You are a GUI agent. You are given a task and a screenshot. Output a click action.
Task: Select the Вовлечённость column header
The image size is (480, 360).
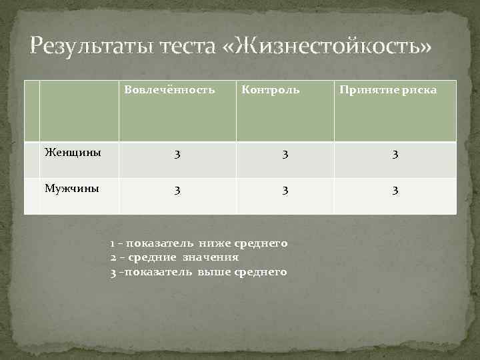coord(169,89)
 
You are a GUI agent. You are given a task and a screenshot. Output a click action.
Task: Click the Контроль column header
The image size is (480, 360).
coord(270,89)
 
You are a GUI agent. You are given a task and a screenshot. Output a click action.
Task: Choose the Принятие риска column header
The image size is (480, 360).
coord(388,89)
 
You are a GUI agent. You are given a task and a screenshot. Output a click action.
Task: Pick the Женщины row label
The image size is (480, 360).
coord(73,152)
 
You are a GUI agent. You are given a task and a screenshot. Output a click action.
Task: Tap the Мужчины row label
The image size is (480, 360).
coord(72,189)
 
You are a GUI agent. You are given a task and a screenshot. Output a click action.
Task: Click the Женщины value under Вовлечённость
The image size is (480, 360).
coord(177,155)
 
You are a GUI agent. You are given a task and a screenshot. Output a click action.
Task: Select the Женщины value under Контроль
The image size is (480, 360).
coord(285,155)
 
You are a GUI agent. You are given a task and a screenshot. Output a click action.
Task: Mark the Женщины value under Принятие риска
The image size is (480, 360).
coord(395,155)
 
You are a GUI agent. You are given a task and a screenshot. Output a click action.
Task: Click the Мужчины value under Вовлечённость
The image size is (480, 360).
coord(177,191)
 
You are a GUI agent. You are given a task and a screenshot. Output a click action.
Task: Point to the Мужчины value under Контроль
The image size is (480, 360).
coord(285,191)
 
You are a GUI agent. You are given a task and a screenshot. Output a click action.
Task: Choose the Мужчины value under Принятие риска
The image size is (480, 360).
coord(395,191)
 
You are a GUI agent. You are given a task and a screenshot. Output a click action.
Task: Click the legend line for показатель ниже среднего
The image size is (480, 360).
coord(199,244)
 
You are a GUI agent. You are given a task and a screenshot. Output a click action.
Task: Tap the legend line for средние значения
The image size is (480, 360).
coord(175,257)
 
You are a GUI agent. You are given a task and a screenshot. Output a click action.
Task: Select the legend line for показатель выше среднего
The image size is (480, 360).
coord(199,271)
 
